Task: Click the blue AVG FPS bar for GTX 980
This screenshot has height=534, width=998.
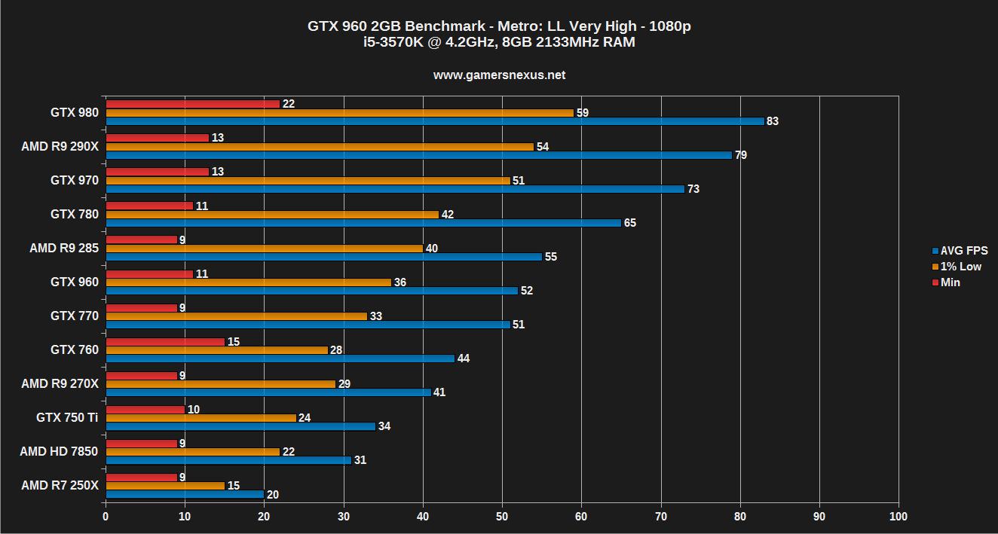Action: coord(434,121)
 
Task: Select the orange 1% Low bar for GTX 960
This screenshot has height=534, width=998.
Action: coord(248,282)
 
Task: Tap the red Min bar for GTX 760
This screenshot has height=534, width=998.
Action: coord(165,342)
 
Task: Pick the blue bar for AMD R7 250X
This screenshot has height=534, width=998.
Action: coord(185,494)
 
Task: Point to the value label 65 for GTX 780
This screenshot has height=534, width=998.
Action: coord(630,223)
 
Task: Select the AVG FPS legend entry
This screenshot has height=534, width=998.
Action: coord(960,251)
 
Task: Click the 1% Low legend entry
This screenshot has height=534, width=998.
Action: coord(957,267)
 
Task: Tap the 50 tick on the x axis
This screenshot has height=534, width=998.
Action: coord(502,517)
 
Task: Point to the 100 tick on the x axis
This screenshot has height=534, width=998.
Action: coord(899,517)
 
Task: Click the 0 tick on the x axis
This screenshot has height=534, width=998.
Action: coord(106,517)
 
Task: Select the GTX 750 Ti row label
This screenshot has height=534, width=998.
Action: coord(67,417)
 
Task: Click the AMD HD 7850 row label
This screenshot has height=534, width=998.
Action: coord(60,451)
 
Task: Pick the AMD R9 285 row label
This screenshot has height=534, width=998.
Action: coord(64,248)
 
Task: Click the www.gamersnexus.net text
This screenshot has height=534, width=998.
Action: coord(499,75)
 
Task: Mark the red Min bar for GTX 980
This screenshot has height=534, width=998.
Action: coord(192,104)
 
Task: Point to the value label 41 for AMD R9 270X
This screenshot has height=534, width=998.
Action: coord(439,392)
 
